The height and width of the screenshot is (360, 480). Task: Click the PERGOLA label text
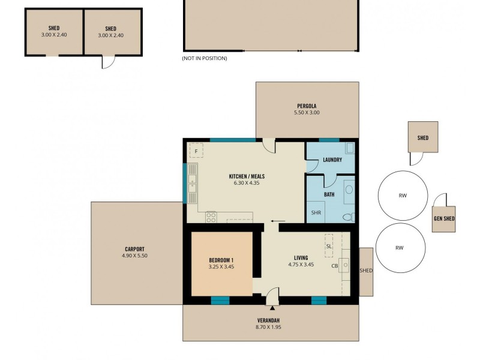[307, 106]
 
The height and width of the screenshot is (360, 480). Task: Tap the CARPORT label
[134, 249]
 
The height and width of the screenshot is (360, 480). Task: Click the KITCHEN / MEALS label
[247, 176]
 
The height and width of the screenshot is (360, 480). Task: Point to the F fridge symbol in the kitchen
[196, 150]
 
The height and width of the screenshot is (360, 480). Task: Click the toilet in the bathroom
[346, 217]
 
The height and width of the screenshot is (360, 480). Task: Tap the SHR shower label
[316, 213]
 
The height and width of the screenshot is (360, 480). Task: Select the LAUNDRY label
[332, 160]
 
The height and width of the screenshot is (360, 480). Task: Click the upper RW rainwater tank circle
[402, 195]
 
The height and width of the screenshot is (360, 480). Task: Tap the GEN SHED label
[444, 219]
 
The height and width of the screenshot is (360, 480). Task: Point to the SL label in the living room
[329, 246]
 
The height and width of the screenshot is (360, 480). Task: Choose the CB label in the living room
[334, 266]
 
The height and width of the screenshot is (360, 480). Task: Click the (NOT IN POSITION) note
[205, 58]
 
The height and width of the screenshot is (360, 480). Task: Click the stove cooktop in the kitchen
[211, 215]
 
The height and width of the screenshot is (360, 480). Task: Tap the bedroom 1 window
[220, 300]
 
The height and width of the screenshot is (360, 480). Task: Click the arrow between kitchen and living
[273, 221]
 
